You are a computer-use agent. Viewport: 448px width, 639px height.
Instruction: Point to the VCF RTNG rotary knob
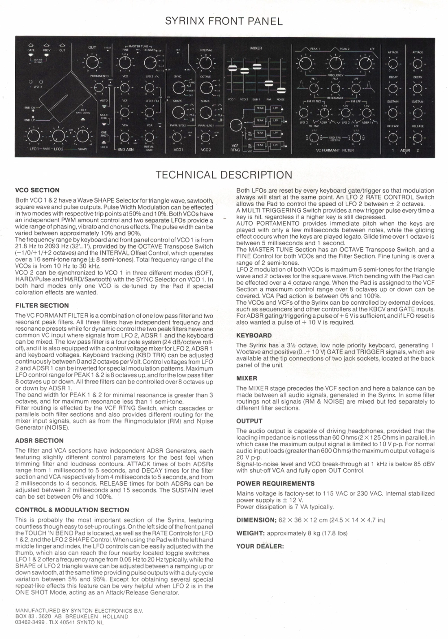coord(235,126)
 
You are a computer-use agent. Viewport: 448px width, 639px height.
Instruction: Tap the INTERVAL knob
coord(206,63)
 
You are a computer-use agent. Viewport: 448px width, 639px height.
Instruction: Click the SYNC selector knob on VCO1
coord(178,89)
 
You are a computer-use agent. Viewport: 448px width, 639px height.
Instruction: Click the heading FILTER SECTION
coord(42,306)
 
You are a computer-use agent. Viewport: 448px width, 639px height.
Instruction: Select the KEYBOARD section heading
coord(254,335)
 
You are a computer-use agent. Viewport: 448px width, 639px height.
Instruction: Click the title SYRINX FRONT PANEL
coord(224,21)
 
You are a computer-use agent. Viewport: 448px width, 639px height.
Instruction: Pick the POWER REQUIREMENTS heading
coord(276,484)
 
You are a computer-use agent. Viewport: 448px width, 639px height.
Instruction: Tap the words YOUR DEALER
coord(260,546)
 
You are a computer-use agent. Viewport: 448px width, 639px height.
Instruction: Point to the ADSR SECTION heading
coord(39,440)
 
